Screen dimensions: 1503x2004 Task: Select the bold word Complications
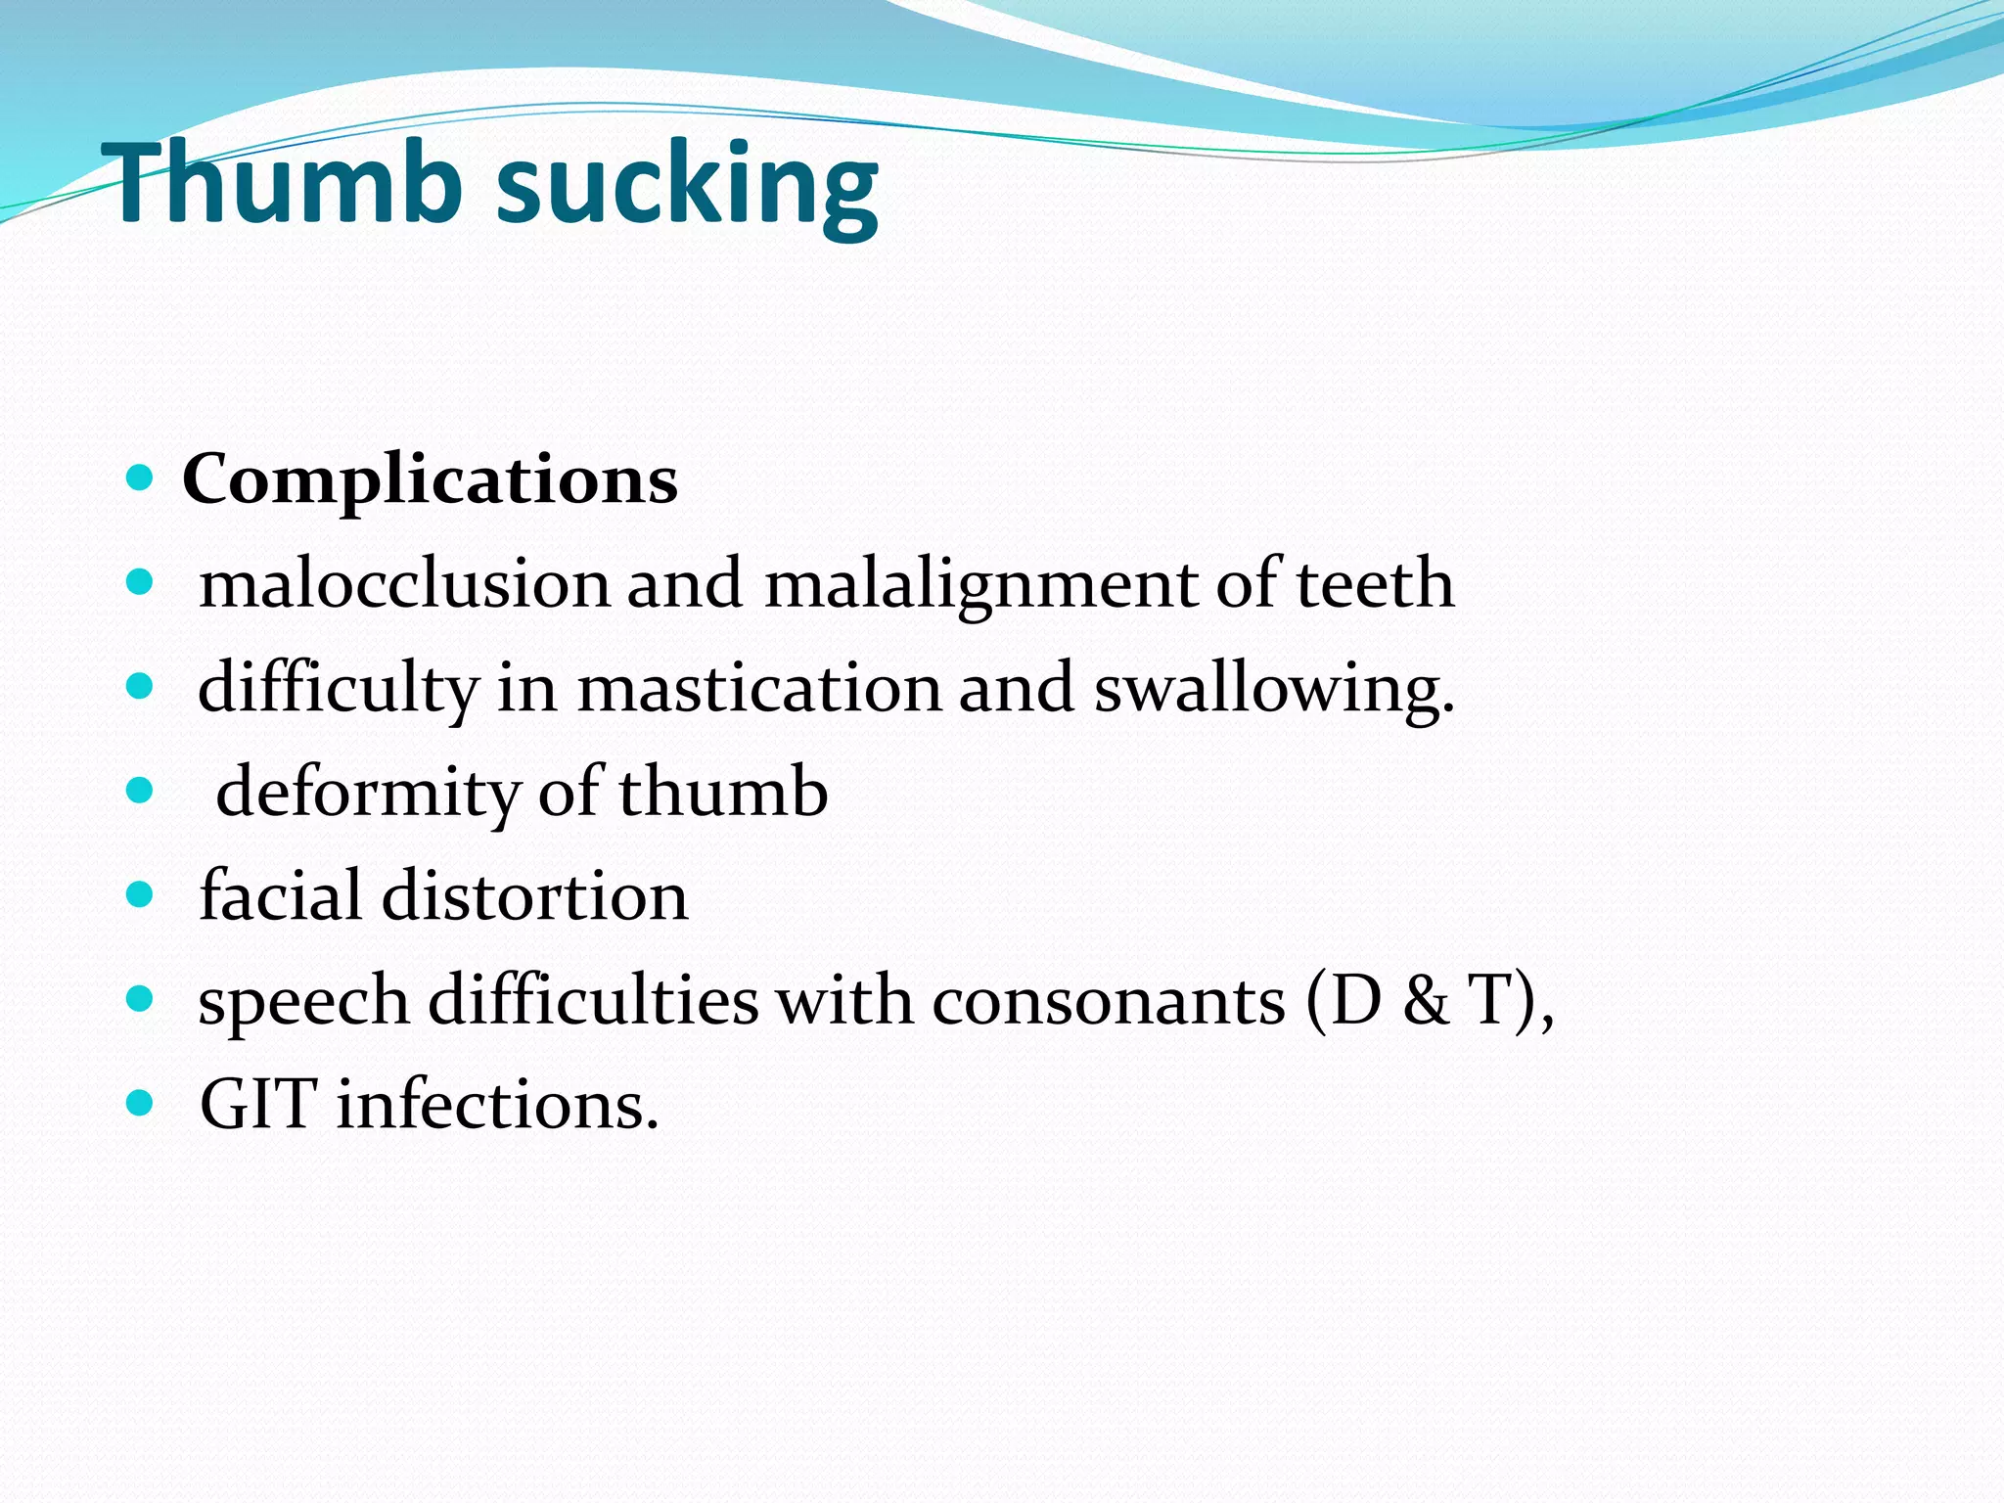(x=430, y=481)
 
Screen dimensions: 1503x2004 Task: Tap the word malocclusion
(x=404, y=584)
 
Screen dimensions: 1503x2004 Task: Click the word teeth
(x=1374, y=584)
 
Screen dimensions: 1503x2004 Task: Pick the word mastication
(x=757, y=688)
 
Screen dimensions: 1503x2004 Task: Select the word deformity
(x=367, y=793)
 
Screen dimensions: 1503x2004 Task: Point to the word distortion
(x=534, y=896)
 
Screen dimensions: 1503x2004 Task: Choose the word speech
(x=303, y=1002)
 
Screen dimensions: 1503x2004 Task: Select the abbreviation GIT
(x=258, y=1105)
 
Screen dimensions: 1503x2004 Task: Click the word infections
(x=497, y=1105)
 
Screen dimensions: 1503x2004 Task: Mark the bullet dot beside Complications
(x=141, y=478)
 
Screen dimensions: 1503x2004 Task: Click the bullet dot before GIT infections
(x=141, y=1104)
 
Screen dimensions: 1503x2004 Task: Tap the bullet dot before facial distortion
(x=141, y=894)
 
